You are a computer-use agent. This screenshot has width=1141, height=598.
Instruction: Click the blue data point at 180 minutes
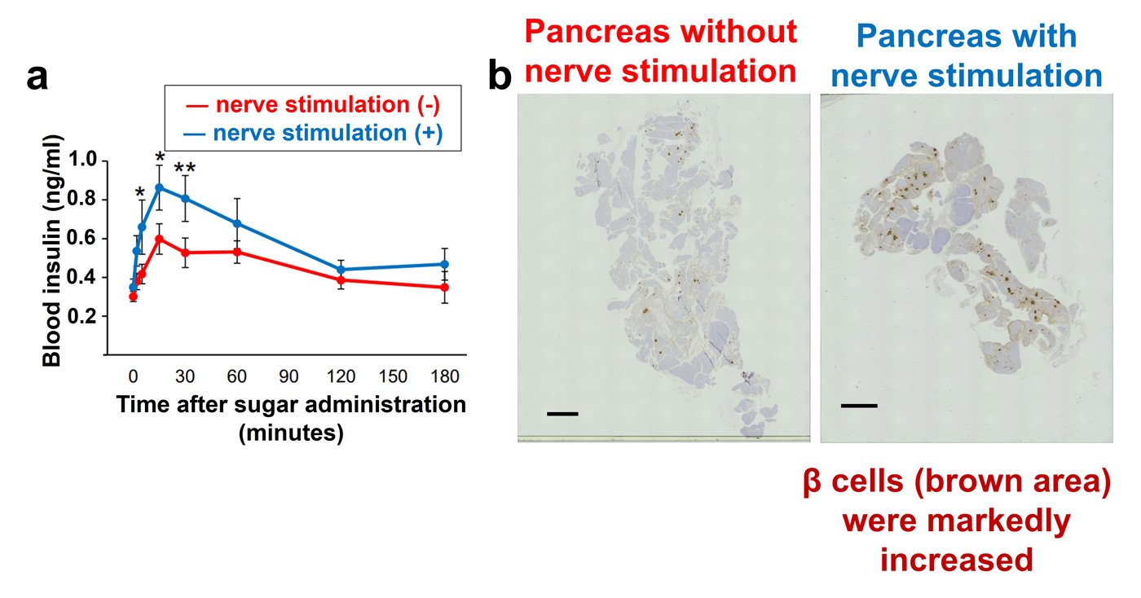click(445, 264)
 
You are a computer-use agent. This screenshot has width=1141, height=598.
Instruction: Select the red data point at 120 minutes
click(341, 280)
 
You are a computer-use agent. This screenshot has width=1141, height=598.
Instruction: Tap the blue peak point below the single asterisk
click(160, 187)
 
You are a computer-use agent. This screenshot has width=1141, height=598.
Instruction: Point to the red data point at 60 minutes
click(237, 252)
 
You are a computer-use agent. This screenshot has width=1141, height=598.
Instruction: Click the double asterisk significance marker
click(185, 168)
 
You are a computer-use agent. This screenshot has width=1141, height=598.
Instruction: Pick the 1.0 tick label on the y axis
click(82, 160)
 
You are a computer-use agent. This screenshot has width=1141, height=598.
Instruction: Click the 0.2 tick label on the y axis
click(82, 316)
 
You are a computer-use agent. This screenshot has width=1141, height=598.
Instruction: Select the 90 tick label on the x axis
click(289, 376)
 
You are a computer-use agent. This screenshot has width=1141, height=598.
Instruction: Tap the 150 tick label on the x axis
click(393, 376)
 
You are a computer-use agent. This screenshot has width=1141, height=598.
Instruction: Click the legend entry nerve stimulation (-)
click(313, 105)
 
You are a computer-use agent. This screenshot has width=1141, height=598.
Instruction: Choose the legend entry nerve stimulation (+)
click(313, 133)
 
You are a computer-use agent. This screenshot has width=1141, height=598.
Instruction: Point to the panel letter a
click(37, 78)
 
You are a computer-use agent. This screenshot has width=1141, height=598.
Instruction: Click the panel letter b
click(500, 74)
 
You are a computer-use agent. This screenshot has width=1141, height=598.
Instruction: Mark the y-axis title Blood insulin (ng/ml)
click(52, 250)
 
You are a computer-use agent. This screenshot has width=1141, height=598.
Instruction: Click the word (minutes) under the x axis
click(292, 433)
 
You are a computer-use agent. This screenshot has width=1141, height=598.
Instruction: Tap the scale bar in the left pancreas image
click(562, 414)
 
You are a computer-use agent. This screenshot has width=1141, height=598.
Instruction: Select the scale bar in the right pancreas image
click(859, 406)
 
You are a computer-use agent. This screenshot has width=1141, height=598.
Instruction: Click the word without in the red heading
click(738, 32)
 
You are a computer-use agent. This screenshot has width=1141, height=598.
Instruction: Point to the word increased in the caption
click(957, 560)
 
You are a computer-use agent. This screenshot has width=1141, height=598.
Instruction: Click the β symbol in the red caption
click(812, 481)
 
